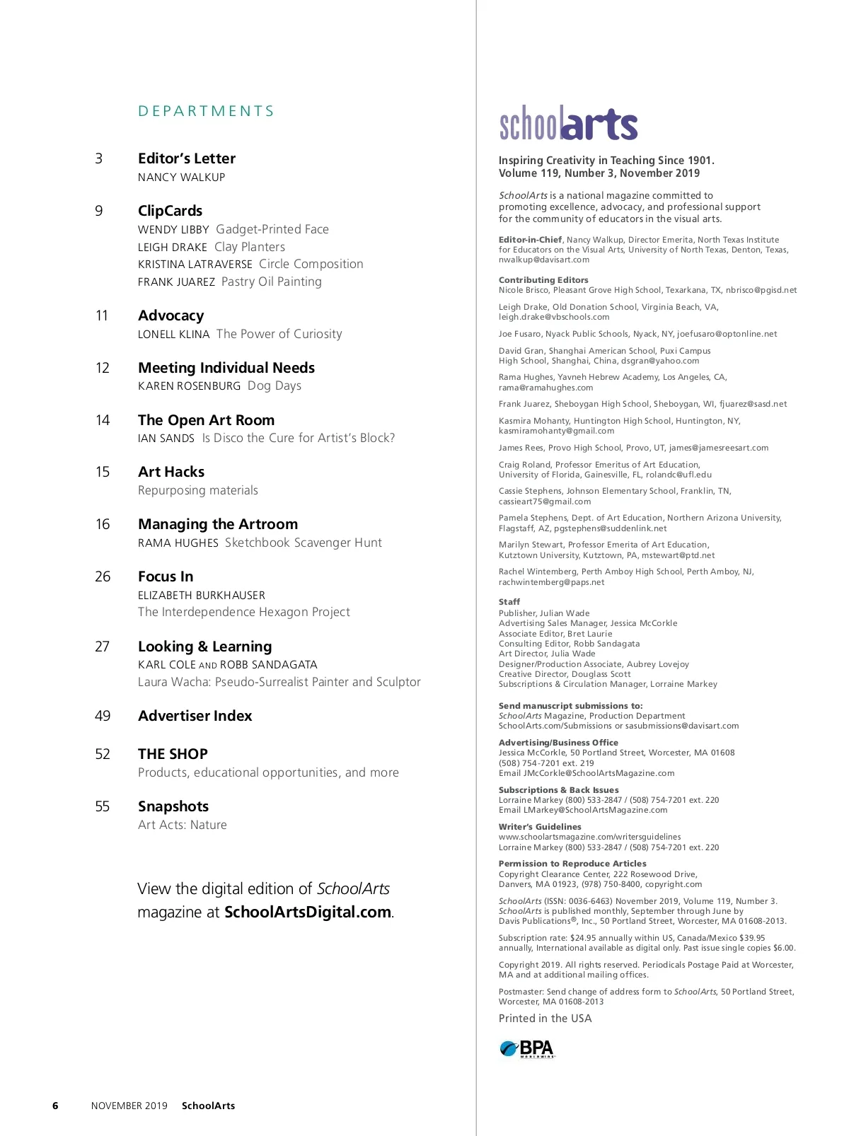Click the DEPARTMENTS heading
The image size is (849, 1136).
coord(206,111)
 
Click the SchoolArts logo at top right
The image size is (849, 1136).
coord(568,124)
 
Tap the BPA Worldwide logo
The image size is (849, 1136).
coord(527,1048)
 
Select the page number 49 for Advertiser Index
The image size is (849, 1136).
coord(103,716)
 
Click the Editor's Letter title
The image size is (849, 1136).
coord(187,158)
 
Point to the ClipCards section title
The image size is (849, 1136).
coord(170,211)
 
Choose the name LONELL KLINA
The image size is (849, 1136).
coord(173,335)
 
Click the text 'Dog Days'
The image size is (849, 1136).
coord(275,386)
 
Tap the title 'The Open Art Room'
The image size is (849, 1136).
coord(206,420)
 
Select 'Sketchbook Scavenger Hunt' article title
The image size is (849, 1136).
coord(303,543)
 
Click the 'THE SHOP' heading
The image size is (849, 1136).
coord(173,754)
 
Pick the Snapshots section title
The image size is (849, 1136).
coord(173,806)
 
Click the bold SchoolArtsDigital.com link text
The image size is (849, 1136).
coord(308,912)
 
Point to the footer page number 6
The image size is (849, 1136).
coord(55,1106)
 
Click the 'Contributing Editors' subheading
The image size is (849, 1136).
coord(543,280)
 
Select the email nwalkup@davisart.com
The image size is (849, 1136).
coord(544,260)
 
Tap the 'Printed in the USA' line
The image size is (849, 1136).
coord(545,1019)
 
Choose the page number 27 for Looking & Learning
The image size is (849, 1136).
coord(103,647)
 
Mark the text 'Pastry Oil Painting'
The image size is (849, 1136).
coord(271,282)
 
